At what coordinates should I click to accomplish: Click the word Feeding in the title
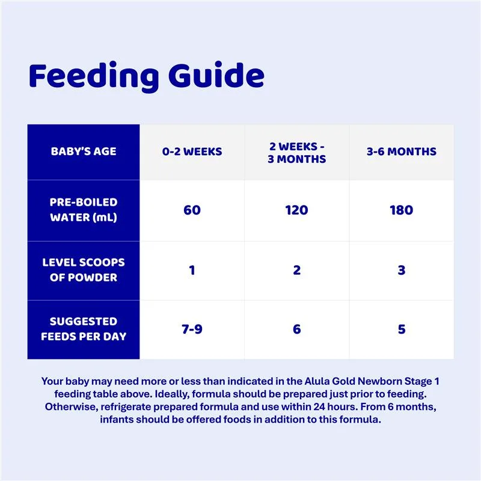[x=94, y=77]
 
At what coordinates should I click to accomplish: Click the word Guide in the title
[x=216, y=75]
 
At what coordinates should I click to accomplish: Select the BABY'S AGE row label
[x=84, y=152]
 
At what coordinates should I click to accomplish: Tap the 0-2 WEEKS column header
[x=192, y=152]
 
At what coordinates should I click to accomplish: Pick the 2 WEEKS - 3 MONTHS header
[x=296, y=153]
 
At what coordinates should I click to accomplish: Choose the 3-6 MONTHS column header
[x=402, y=152]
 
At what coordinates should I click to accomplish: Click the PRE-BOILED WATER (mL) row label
[x=84, y=210]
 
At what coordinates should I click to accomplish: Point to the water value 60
[x=192, y=210]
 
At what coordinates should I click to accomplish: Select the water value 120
[x=296, y=210]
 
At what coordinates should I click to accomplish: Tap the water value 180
[x=402, y=210]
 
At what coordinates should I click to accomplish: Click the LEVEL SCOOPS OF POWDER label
[x=84, y=270]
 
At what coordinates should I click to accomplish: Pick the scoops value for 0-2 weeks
[x=192, y=270]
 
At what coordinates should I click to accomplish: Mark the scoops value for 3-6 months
[x=402, y=270]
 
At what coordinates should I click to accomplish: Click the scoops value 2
[x=296, y=270]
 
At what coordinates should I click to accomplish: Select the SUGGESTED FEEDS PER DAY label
[x=84, y=329]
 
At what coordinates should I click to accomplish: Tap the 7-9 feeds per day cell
[x=192, y=329]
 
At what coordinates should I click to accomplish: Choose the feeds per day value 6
[x=296, y=329]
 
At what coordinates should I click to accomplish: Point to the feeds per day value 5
[x=402, y=329]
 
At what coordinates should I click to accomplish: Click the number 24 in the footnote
[x=319, y=407]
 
